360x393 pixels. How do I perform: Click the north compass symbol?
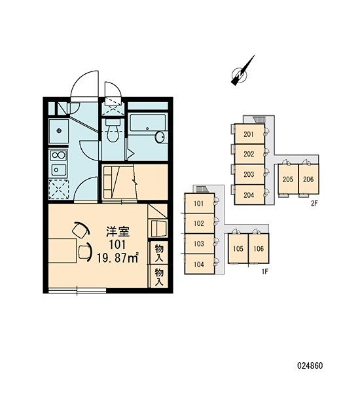pos(240,73)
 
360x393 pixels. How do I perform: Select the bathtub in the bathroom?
pos(148,123)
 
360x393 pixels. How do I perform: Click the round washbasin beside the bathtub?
pos(160,137)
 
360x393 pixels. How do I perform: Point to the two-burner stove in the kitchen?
pos(58,155)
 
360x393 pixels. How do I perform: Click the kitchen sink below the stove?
pos(59,170)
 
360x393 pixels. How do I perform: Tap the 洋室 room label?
pos(118,232)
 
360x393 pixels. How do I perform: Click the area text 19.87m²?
pos(118,258)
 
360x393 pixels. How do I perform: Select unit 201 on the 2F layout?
pos(249,134)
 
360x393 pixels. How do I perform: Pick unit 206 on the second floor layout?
pos(308,179)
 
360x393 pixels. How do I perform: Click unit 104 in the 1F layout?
pos(200,264)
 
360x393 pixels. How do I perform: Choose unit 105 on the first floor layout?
pos(238,248)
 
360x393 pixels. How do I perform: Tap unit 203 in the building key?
pos(249,174)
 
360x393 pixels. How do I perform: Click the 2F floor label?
pos(314,203)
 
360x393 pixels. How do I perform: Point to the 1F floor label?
pos(265,271)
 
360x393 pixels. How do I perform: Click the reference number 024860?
pos(310,365)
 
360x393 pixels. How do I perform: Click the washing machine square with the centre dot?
pos(59,131)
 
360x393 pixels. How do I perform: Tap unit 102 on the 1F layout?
pos(200,223)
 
